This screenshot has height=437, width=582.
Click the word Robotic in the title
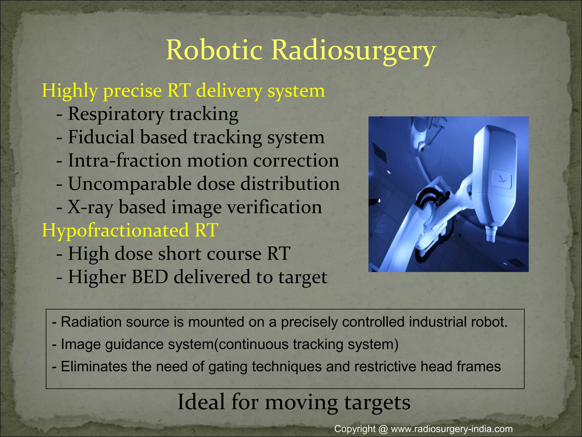(x=214, y=50)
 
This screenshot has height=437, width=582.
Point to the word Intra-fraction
(x=124, y=160)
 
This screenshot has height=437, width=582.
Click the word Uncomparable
(x=130, y=184)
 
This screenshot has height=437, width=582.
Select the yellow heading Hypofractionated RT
(x=130, y=230)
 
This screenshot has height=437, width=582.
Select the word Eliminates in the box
(x=94, y=366)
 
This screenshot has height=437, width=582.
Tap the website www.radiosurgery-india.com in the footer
(x=452, y=429)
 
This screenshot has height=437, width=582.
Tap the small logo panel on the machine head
(x=502, y=180)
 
